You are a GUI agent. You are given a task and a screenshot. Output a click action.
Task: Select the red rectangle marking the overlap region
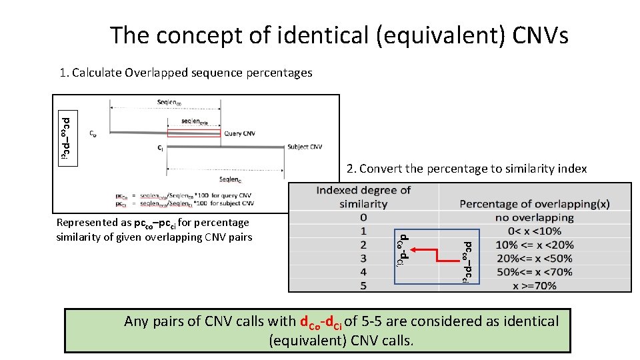(193, 133)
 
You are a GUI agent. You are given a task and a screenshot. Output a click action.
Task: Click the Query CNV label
(239, 133)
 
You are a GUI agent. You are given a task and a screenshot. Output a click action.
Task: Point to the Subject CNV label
(305, 147)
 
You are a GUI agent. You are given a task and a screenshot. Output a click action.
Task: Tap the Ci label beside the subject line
(161, 148)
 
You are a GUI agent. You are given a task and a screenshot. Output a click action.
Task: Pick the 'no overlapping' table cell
(534, 217)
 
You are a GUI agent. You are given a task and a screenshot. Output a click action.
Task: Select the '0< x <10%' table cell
(534, 231)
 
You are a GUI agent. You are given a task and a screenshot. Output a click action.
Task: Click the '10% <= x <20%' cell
(534, 245)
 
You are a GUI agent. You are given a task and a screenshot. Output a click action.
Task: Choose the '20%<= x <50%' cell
(534, 258)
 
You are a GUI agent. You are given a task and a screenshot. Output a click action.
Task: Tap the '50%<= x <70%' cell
(534, 272)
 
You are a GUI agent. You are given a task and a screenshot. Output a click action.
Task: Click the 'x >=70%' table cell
(534, 285)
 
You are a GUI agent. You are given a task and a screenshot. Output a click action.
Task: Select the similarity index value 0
(363, 217)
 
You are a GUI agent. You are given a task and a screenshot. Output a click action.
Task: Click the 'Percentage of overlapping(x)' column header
(534, 203)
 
